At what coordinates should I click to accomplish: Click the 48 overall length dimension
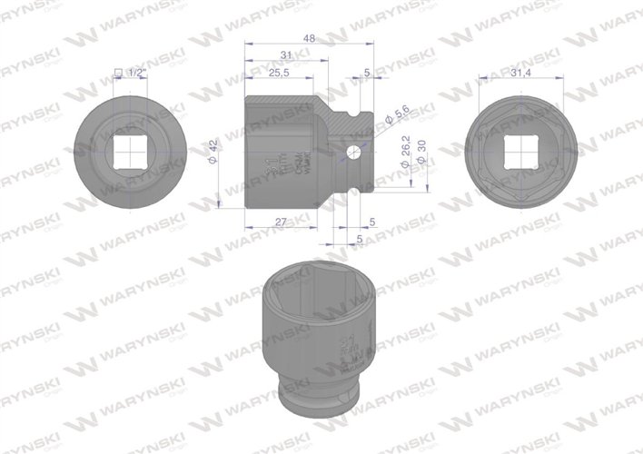tap(309, 39)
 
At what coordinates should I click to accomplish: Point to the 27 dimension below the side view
tap(281, 222)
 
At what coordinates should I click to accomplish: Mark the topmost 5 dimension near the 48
tap(366, 74)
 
